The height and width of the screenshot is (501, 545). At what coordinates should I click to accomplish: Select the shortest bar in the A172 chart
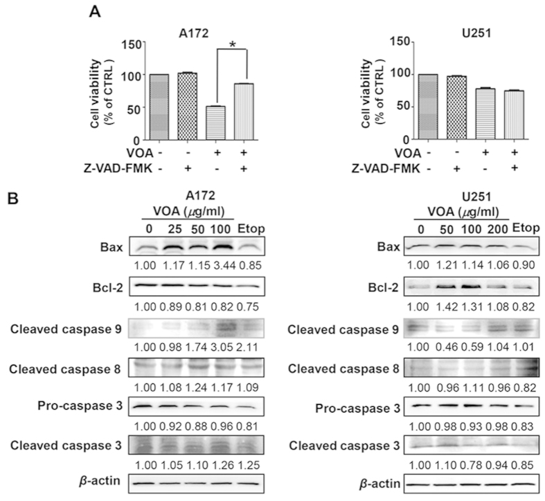click(x=216, y=122)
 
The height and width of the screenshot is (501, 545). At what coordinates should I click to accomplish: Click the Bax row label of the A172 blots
click(x=123, y=246)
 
